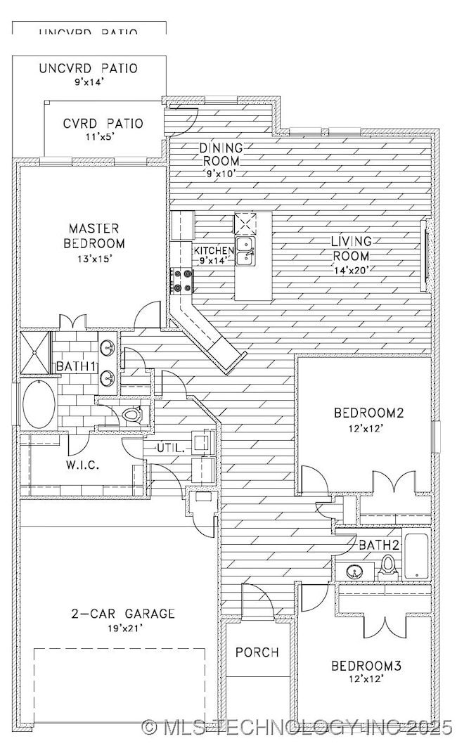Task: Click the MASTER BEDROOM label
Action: [x=96, y=236]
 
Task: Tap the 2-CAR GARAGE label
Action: [x=122, y=614]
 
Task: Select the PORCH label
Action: [x=257, y=652]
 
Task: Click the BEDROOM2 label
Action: [x=368, y=413]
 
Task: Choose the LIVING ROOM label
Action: [x=351, y=249]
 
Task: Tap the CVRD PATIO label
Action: [x=103, y=124]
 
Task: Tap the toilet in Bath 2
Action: [x=387, y=565]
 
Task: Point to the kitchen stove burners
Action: [x=181, y=279]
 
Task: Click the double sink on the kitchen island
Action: [x=245, y=252]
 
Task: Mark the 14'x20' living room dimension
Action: [x=351, y=269]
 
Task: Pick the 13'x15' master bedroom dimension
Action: [x=96, y=258]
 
